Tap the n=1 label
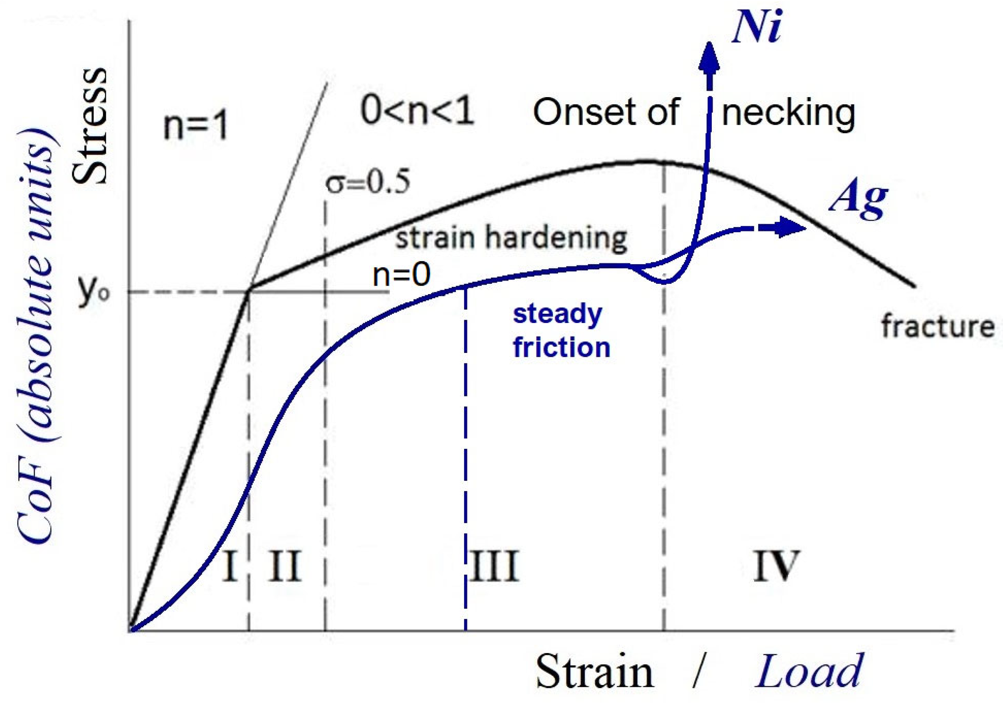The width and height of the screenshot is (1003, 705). coord(196,126)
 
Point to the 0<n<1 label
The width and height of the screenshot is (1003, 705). coord(417,111)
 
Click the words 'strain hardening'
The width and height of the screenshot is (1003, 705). coord(511,239)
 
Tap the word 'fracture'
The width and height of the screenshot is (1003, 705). coord(937,327)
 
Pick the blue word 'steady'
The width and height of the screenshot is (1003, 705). coord(557,315)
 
